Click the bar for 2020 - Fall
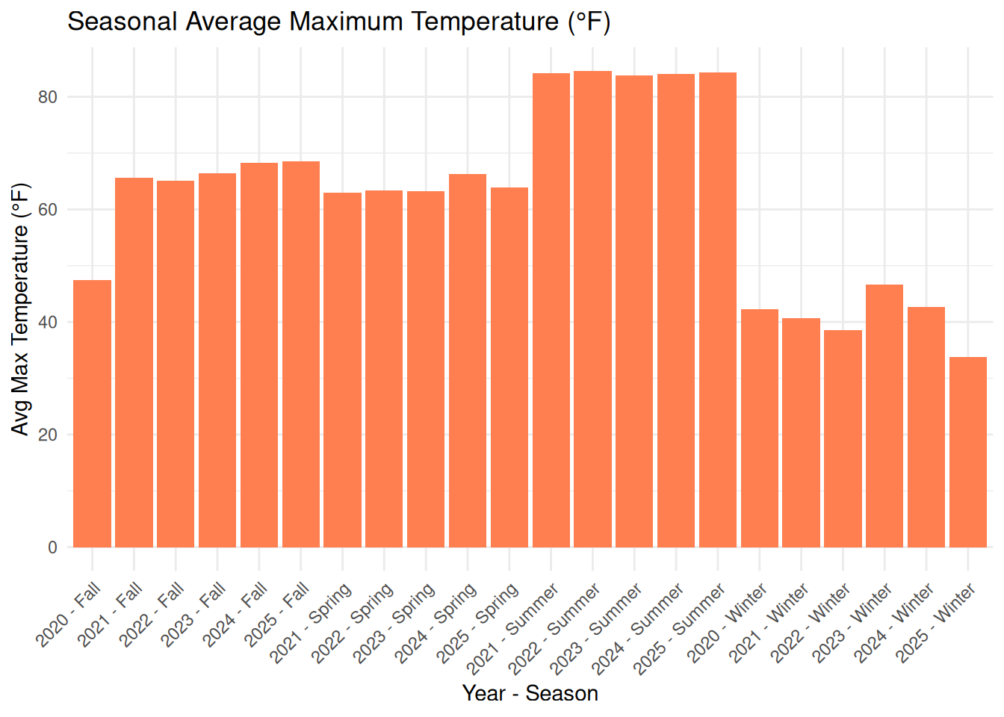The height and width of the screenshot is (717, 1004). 93,414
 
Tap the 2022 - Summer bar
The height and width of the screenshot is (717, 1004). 592,309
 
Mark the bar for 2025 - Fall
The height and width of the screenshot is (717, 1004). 301,354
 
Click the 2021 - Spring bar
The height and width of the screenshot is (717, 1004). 342,370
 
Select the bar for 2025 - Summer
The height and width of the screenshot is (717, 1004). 718,310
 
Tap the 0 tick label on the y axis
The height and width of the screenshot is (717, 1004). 52,547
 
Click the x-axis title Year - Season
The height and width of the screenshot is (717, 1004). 530,693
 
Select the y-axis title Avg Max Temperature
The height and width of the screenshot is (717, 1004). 20,308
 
